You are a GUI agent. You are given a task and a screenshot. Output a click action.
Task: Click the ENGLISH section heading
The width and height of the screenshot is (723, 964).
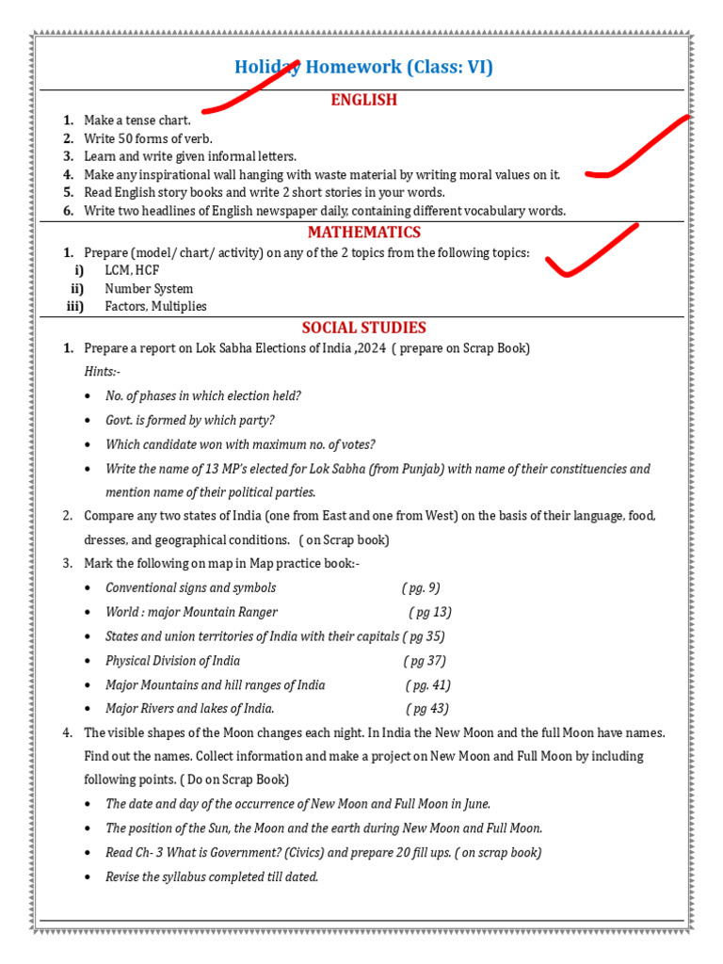coord(363,100)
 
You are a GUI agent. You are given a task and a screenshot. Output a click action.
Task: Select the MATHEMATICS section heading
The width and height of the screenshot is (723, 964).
coord(363,233)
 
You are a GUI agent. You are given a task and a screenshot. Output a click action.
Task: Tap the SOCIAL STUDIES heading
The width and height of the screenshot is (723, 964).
coord(363,328)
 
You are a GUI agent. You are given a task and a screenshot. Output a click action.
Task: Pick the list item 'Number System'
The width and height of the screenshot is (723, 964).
coord(149,289)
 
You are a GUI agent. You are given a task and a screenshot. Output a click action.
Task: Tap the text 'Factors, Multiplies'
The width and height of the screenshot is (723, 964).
coord(155,307)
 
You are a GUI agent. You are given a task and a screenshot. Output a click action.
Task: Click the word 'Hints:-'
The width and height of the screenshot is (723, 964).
coord(103,372)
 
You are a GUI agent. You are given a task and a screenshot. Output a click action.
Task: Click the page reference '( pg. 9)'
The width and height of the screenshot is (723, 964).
coord(421,587)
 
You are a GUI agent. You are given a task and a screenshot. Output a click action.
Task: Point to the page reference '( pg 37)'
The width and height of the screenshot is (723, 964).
coord(424,661)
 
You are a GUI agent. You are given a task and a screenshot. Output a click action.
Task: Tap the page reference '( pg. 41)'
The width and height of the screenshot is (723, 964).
coord(428,685)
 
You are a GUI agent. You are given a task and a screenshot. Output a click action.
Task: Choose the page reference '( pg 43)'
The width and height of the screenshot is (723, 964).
coord(427,709)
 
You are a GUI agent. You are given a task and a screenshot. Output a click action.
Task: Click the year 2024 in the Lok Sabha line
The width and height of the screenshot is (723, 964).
coord(370,348)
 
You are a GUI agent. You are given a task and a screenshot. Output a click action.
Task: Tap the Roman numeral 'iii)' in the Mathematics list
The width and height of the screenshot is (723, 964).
coord(75,307)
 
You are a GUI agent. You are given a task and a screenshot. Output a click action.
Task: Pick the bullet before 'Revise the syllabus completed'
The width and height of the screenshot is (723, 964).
coord(88,877)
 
